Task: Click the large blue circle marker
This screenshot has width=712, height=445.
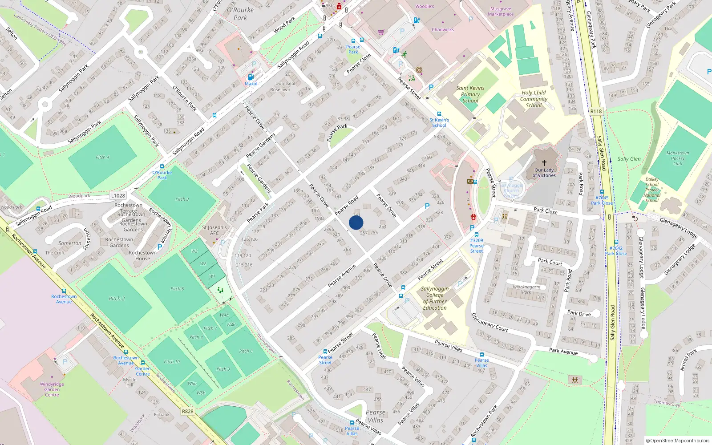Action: click(x=356, y=222)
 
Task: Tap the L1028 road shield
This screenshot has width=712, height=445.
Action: click(x=118, y=195)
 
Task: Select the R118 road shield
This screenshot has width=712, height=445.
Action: click(x=596, y=111)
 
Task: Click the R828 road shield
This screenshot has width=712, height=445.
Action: click(x=188, y=411)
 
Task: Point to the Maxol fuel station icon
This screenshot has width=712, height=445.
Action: click(x=251, y=77)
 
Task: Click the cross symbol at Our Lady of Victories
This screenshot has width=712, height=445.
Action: click(x=544, y=163)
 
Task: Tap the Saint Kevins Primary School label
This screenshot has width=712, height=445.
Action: click(x=470, y=94)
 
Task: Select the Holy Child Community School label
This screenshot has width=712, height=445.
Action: click(x=534, y=99)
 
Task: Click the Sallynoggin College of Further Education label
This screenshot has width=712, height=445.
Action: click(x=435, y=298)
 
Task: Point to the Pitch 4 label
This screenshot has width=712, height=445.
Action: click(x=102, y=157)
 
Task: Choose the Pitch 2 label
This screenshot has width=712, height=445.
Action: click(x=117, y=299)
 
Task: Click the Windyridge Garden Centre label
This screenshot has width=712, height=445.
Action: click(x=52, y=389)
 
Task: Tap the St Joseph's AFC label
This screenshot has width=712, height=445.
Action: click(x=214, y=230)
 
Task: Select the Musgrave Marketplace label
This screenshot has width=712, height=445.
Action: click(x=501, y=12)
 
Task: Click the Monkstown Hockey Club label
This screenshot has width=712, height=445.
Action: click(x=677, y=158)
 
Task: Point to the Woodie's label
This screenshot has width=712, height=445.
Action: click(x=425, y=7)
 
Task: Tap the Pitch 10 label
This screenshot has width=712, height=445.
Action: click(x=172, y=362)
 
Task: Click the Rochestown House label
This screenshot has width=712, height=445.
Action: click(x=142, y=255)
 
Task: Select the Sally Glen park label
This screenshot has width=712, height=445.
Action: click(x=629, y=159)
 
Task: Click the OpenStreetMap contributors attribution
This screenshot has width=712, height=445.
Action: click(x=678, y=441)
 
